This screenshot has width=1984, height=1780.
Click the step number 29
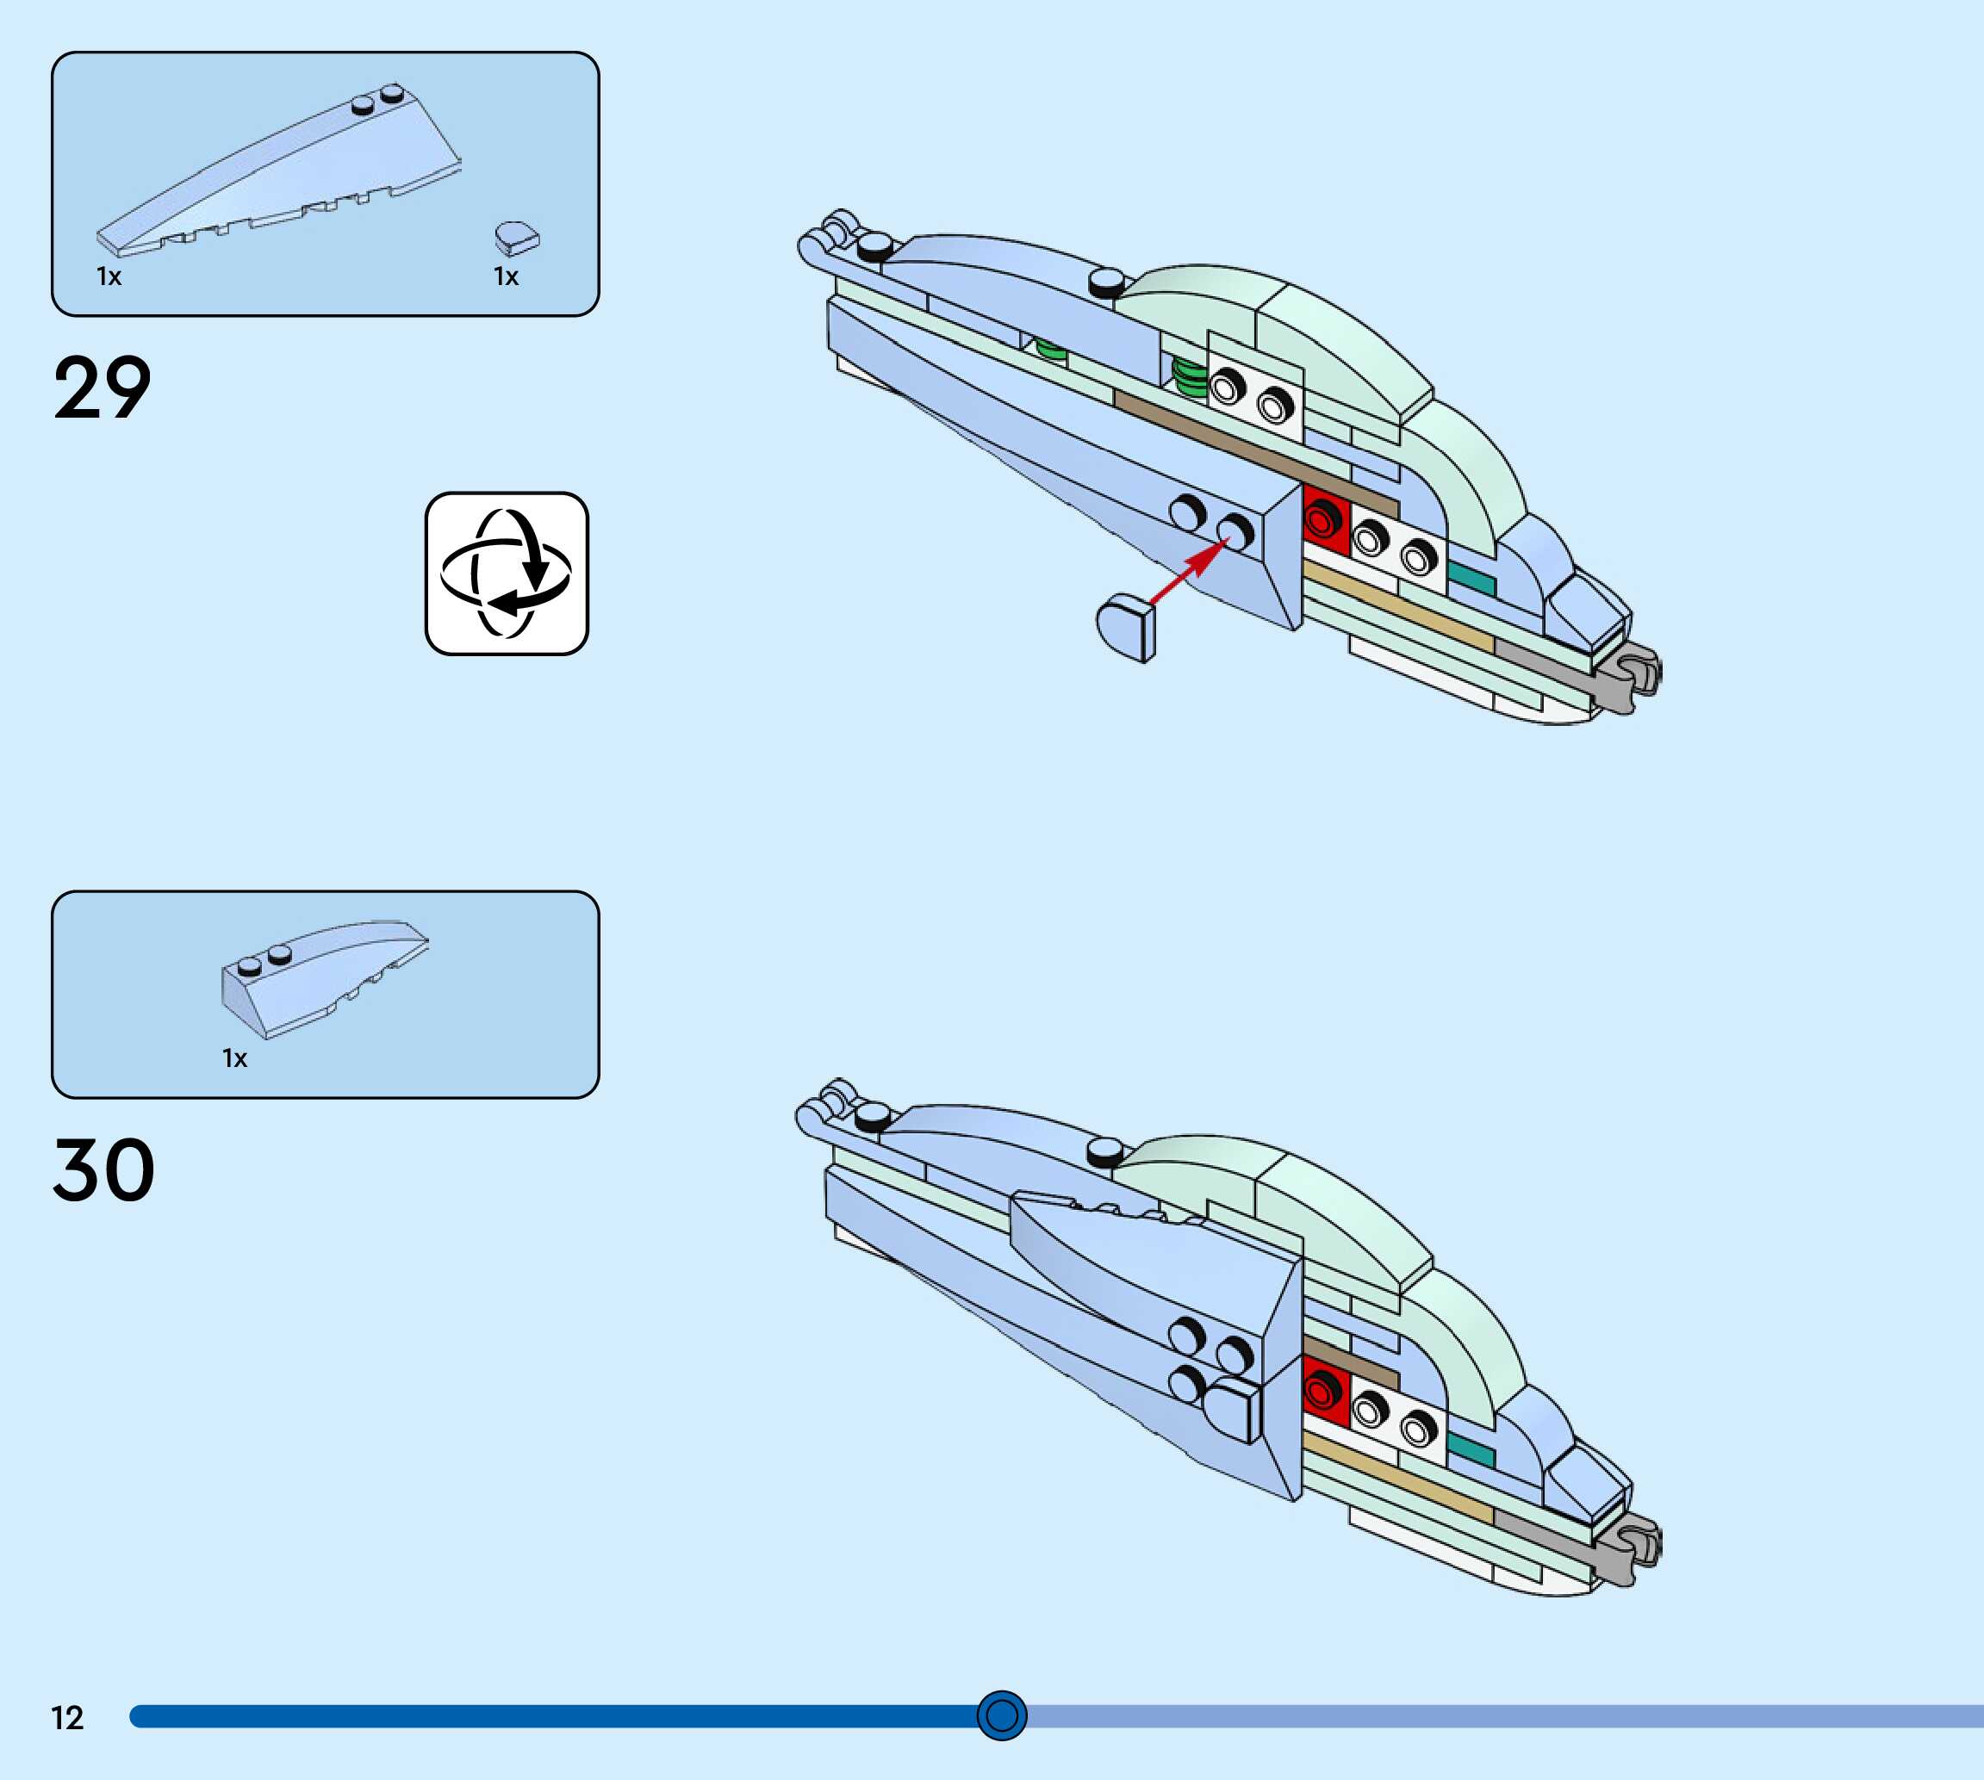click(103, 388)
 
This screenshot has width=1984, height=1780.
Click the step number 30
click(103, 1169)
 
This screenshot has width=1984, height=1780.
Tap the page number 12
click(67, 1718)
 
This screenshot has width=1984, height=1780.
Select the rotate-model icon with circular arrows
click(507, 574)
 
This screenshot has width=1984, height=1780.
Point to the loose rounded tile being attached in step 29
click(1126, 628)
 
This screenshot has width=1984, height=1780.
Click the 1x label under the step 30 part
click(235, 1058)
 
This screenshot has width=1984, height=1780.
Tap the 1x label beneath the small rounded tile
click(506, 276)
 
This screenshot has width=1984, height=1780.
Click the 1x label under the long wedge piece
click(109, 276)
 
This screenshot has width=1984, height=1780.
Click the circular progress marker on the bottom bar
click(1002, 1715)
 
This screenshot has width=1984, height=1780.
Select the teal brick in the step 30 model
click(1471, 1451)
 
